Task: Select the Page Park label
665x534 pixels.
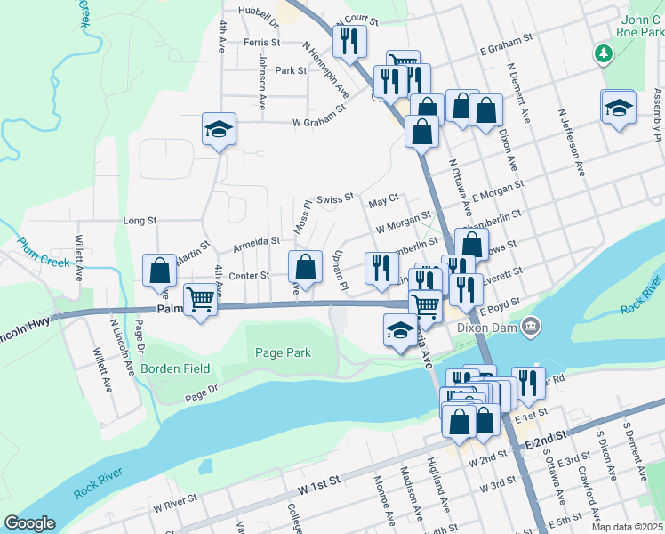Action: click(284, 353)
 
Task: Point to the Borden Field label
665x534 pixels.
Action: click(174, 368)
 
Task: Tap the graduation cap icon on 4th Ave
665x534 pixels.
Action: click(219, 130)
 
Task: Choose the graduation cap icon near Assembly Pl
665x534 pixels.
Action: click(618, 108)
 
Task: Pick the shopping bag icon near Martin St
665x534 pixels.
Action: click(159, 269)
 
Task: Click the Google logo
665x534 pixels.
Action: click(29, 523)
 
